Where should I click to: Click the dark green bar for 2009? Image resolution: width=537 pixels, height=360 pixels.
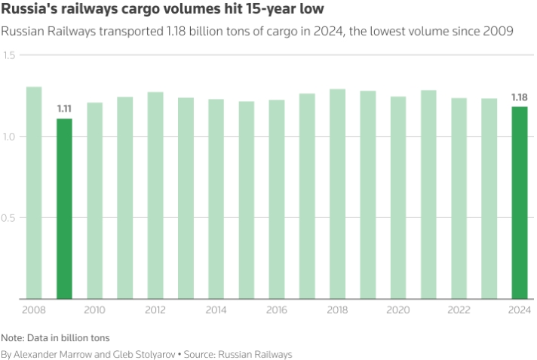(x=64, y=208)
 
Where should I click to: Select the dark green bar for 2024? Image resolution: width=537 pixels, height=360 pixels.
(x=520, y=202)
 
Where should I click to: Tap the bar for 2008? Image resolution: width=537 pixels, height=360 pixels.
(x=34, y=192)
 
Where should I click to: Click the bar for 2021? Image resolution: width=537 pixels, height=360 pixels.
(x=428, y=194)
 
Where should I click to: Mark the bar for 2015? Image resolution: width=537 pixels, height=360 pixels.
(x=247, y=200)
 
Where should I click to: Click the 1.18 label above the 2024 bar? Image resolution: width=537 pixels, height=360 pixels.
(x=520, y=97)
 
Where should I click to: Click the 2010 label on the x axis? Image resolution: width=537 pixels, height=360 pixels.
(x=94, y=310)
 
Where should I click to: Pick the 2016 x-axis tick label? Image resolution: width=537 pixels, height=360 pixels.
(x=277, y=310)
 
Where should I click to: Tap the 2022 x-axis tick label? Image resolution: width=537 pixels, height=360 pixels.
(x=459, y=310)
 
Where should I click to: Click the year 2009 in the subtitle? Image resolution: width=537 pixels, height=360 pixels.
(x=499, y=32)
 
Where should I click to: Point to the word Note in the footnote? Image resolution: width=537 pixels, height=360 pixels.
(x=12, y=338)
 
